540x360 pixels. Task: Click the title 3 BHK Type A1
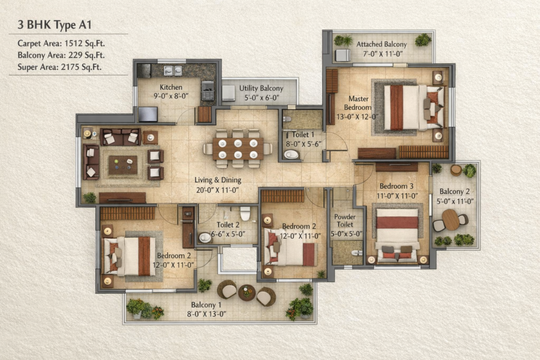click(x=54, y=25)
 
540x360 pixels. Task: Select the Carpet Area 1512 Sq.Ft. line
click(x=61, y=43)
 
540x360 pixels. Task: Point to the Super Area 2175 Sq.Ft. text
click(x=60, y=67)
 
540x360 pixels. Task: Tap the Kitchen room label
click(x=171, y=87)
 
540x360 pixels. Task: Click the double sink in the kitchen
click(x=172, y=70)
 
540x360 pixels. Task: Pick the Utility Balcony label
click(x=261, y=88)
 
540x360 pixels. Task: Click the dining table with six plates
click(x=238, y=149)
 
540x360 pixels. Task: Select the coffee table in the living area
click(x=123, y=165)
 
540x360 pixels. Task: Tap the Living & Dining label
click(x=218, y=180)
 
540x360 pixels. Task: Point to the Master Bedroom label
click(x=358, y=103)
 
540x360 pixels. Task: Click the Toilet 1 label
click(x=303, y=134)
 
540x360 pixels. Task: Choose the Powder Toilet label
click(x=345, y=221)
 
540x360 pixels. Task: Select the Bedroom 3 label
click(x=397, y=186)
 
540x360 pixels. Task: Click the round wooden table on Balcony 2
click(x=450, y=220)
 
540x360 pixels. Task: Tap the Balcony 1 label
click(x=206, y=305)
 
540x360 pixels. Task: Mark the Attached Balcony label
click(x=382, y=44)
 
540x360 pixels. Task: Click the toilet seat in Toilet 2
click(x=245, y=213)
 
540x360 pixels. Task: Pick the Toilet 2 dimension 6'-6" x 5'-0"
click(x=228, y=234)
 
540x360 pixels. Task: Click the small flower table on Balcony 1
click(x=247, y=293)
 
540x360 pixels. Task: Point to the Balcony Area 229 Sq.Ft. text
click(x=61, y=55)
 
